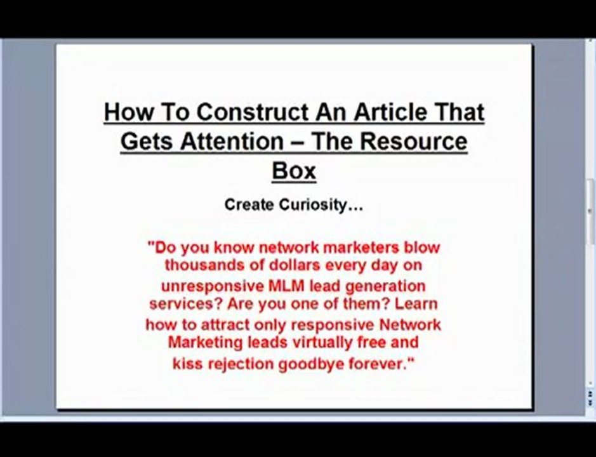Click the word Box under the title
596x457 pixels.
[x=293, y=170]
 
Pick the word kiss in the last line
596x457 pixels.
[x=187, y=364]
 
